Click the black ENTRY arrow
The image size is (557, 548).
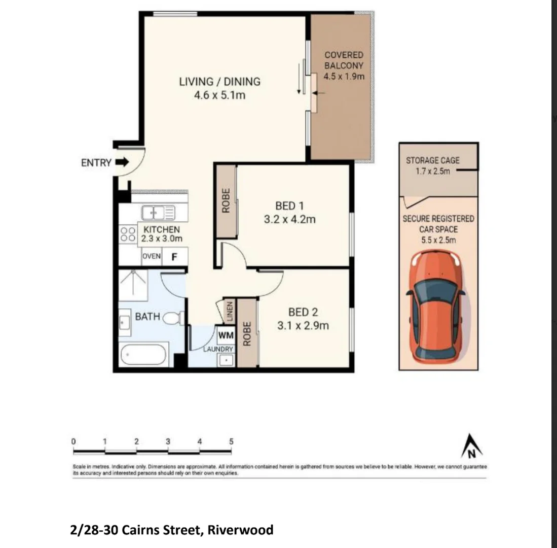122,163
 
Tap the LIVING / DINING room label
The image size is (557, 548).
219,81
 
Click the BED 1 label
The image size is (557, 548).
289,207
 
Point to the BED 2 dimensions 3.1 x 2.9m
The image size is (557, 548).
303,326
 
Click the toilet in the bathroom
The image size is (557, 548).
173,318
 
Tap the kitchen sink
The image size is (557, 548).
158,213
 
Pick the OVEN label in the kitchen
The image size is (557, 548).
152,256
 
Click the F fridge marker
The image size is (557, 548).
174,257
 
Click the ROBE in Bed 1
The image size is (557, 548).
227,201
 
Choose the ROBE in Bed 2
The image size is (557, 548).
247,333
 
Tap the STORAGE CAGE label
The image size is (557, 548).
432,160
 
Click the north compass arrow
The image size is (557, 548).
471,447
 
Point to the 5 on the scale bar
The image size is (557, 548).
231,441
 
